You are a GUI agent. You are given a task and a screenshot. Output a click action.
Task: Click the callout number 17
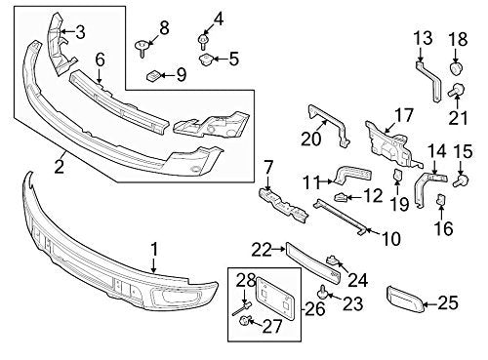(404, 115)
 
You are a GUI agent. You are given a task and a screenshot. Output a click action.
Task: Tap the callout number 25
(448, 302)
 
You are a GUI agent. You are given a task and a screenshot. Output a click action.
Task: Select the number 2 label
(59, 167)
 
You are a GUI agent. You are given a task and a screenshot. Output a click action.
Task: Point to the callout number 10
(391, 239)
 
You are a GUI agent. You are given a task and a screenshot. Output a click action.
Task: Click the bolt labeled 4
(203, 43)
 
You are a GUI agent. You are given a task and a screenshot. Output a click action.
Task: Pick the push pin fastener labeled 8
(142, 48)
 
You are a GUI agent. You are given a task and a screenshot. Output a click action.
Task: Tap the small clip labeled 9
(153, 76)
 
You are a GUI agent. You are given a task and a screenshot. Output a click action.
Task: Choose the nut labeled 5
(205, 60)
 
